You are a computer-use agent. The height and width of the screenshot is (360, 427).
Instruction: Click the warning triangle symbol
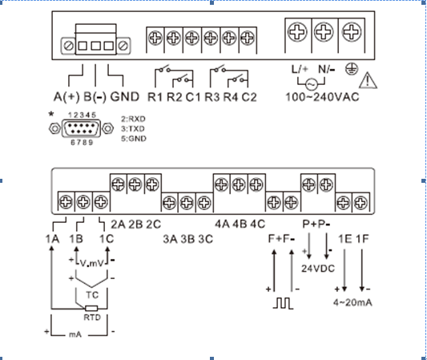tap(368, 82)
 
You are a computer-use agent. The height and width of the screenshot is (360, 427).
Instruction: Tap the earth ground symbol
tap(352, 69)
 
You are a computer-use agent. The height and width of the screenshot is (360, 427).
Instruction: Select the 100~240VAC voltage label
tap(322, 97)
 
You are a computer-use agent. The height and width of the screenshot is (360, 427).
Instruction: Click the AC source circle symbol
tap(312, 84)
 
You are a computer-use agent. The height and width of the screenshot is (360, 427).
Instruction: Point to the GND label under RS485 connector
tap(125, 97)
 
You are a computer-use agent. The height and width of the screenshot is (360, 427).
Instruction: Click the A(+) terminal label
tap(66, 97)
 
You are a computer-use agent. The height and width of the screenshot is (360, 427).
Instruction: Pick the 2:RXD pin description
tap(134, 119)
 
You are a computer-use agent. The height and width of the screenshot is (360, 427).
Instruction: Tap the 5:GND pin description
tap(134, 139)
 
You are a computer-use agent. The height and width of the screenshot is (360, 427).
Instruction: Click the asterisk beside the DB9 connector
tap(51, 114)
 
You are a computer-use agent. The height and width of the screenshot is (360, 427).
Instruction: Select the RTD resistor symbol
tap(91, 309)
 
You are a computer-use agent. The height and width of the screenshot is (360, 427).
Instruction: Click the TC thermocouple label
tap(92, 295)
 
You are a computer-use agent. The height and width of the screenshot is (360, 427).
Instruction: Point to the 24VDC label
tap(318, 269)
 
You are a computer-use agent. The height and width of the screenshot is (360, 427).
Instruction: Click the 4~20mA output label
tap(352, 302)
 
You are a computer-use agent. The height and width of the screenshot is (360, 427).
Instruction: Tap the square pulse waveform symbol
tap(284, 303)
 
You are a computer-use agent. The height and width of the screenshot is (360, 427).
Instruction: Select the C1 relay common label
tap(193, 97)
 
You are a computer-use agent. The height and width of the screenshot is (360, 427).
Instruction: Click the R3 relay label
tap(212, 97)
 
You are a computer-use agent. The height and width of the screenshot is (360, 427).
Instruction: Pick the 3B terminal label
tap(188, 239)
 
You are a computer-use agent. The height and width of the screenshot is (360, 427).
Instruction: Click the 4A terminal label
tap(222, 224)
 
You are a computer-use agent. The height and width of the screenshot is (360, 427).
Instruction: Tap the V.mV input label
tap(92, 263)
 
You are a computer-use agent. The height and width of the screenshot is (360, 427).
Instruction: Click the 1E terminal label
tap(345, 239)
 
